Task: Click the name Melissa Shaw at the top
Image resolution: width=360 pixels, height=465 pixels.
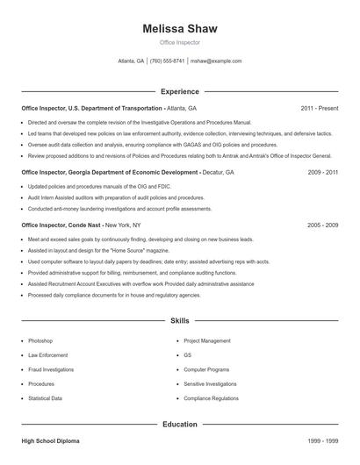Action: click(x=179, y=28)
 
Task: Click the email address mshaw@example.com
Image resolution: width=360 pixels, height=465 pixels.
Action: click(x=216, y=61)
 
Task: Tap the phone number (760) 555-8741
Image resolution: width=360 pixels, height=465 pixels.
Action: click(x=168, y=61)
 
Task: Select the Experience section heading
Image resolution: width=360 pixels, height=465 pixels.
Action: click(x=179, y=91)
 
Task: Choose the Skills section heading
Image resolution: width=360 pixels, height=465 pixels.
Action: click(x=179, y=322)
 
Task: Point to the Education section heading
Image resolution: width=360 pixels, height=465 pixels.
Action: click(x=179, y=424)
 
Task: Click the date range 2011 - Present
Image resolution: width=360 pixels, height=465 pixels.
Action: click(x=319, y=108)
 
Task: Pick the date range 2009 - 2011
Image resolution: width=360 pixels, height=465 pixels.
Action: click(x=323, y=173)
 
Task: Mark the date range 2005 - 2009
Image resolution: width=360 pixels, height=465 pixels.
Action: click(x=323, y=225)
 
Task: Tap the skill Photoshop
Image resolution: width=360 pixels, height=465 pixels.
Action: click(x=40, y=340)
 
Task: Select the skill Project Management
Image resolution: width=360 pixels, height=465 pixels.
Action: click(x=207, y=340)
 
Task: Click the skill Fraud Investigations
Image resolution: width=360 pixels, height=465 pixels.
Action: click(x=51, y=369)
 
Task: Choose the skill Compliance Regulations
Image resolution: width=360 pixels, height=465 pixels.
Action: click(x=211, y=398)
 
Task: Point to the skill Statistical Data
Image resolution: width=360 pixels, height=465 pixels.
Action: click(x=45, y=398)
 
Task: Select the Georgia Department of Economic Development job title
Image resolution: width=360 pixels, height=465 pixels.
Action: click(x=109, y=173)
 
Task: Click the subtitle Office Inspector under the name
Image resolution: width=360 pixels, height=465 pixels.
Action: click(x=179, y=42)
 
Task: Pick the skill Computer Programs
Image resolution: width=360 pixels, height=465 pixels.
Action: click(x=205, y=369)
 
